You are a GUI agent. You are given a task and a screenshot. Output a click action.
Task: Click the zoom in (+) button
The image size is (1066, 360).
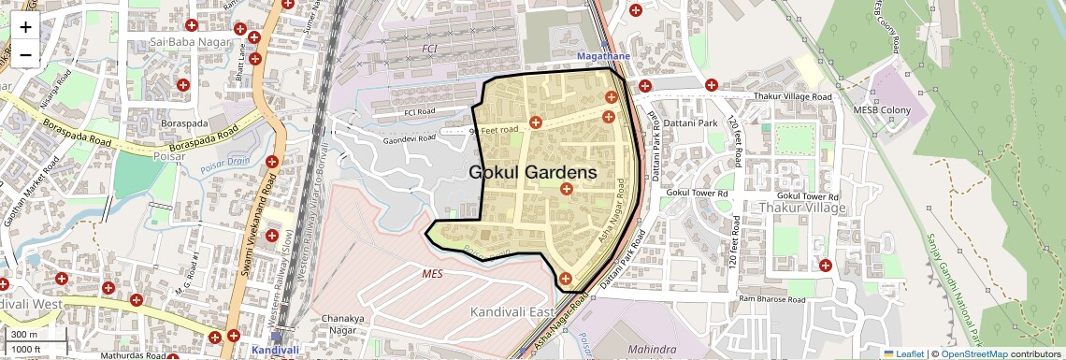click(x=25, y=27)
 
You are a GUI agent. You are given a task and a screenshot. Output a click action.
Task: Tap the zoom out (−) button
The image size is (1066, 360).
click(x=25, y=54)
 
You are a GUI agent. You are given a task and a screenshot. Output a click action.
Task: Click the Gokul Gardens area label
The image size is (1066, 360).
click(x=532, y=173)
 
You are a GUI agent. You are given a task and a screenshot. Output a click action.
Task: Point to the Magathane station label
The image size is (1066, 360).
click(x=604, y=57)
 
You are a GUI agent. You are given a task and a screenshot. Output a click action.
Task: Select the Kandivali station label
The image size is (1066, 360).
click(x=276, y=350)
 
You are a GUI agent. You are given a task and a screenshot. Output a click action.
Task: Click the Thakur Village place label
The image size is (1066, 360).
click(x=801, y=208)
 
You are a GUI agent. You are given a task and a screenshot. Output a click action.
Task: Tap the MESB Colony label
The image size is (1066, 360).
click(x=881, y=110)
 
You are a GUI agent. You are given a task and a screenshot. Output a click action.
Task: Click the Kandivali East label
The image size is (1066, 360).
click(x=511, y=310)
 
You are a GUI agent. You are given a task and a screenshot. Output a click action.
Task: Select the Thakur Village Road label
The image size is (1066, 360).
click(x=791, y=96)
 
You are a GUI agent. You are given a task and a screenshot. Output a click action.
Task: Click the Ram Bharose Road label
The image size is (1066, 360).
click(x=771, y=300)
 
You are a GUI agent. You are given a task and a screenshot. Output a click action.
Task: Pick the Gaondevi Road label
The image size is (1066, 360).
click(x=409, y=139)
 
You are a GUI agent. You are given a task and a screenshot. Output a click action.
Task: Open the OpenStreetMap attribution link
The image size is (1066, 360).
click(x=973, y=353)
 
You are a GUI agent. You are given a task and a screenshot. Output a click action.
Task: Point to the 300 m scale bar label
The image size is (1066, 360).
click(x=24, y=335)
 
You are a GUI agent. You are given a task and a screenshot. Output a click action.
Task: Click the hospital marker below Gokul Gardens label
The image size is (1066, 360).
click(x=566, y=190)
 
